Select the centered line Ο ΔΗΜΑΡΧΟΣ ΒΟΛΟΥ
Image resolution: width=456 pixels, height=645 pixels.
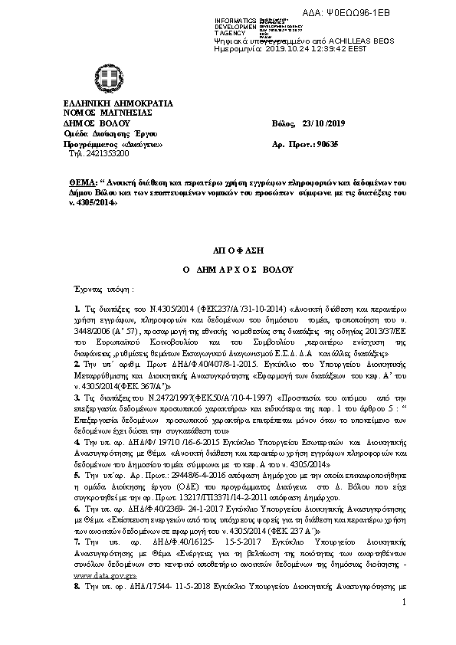[x=228, y=270]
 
